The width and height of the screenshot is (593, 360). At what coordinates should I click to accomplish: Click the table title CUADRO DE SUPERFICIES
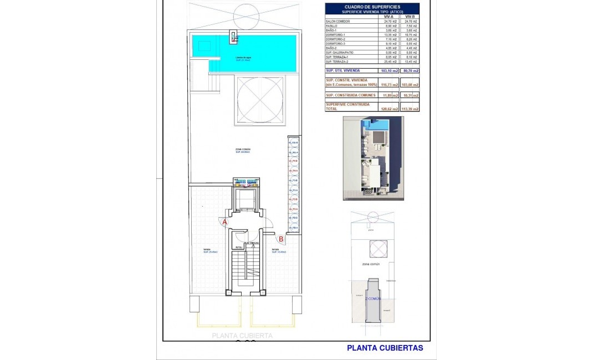pos(372,7)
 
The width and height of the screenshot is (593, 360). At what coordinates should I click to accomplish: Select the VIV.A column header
pos(388,17)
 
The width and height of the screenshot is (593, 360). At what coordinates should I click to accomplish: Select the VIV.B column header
pos(410,17)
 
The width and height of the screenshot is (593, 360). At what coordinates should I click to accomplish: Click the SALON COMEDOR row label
pos(338,22)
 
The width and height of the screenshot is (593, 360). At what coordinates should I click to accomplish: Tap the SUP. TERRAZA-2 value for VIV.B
pos(410,61)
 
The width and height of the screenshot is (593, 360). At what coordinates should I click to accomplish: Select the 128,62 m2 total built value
pos(388,109)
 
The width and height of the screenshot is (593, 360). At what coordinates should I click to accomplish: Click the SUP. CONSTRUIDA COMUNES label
pos(351,95)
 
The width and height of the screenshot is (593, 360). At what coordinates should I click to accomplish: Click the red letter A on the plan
pos(224,222)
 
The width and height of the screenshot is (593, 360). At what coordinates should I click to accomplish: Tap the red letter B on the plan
pos(281,239)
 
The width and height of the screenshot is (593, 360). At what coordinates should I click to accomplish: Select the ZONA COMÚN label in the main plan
pos(243,150)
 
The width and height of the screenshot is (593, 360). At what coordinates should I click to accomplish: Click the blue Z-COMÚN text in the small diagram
pos(373,299)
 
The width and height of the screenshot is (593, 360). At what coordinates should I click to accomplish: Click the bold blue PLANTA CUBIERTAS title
pos(385,348)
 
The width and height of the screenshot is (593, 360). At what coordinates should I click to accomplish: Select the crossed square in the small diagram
pos(379,249)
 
